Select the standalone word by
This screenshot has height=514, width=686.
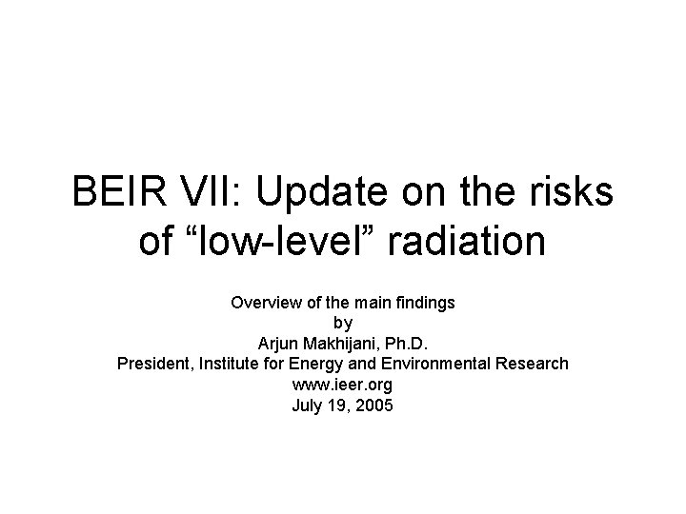(343, 324)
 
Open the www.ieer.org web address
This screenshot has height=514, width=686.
(343, 385)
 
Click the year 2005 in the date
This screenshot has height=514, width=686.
(374, 405)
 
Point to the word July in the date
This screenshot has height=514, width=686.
(307, 405)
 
